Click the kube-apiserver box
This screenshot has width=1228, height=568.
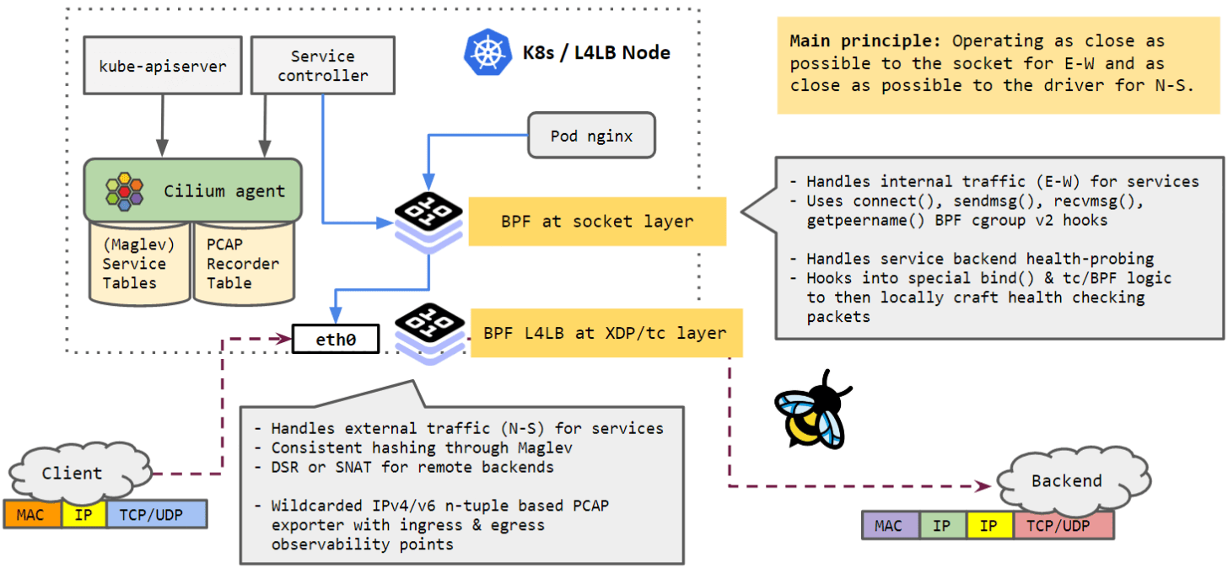[x=163, y=66]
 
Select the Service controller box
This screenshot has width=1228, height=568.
[x=323, y=66]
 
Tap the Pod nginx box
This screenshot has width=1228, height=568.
[x=591, y=135]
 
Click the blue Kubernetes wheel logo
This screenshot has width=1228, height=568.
[x=487, y=52]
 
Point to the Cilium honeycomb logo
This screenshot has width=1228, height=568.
[x=124, y=191]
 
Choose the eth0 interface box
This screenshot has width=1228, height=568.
[x=335, y=340]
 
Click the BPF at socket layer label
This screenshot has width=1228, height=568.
[x=596, y=222]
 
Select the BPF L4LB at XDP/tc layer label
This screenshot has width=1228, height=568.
[x=605, y=333]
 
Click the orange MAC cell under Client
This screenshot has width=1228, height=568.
[x=32, y=514]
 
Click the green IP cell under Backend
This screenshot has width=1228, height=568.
[x=943, y=526]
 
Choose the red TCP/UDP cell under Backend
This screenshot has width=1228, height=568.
[x=1064, y=526]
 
